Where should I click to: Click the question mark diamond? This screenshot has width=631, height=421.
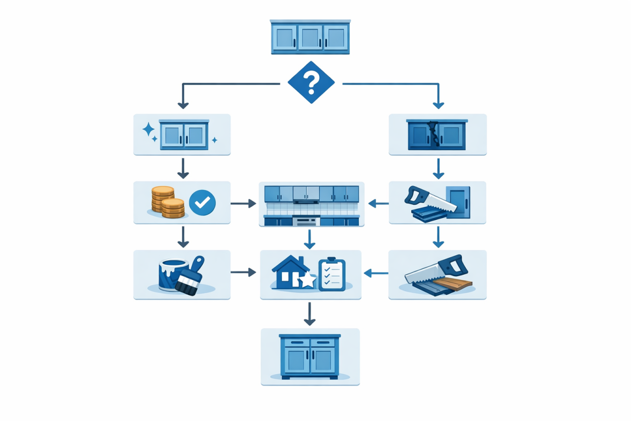coord(311,82)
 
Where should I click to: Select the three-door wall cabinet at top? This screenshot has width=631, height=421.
coord(310,37)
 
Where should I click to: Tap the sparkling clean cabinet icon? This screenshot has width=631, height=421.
coord(184,135)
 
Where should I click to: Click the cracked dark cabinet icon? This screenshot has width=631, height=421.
coord(437,135)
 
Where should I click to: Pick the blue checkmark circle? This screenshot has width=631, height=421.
coord(202,203)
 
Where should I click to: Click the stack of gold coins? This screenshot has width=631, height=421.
coord(167,203)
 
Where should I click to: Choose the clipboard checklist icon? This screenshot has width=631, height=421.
coord(332,273)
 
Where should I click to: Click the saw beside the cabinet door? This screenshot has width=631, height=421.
coord(429,203)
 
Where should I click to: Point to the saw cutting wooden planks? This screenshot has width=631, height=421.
coord(436,275)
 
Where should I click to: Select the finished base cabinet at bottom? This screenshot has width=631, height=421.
coord(310,356)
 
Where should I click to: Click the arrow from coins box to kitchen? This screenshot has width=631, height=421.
coord(243,203)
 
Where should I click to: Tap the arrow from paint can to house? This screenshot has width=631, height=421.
coord(243,272)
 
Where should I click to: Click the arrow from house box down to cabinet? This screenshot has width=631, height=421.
coord(310,315)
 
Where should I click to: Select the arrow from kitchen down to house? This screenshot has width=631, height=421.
coord(310,239)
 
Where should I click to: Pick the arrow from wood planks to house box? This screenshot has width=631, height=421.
coord(375,273)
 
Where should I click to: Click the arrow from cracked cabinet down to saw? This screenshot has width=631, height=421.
coord(438,168)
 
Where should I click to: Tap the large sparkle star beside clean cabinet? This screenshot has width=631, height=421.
coord(149,129)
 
